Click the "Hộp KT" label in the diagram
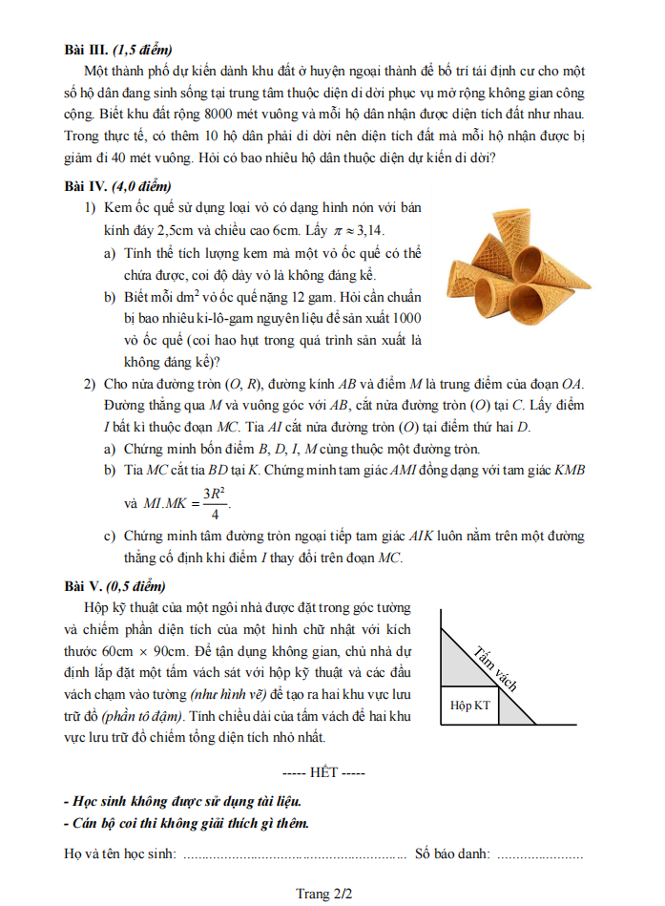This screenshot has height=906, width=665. tap(470, 706)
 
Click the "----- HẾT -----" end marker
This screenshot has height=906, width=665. tap(324, 771)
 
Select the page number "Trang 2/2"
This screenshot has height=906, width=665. tap(324, 894)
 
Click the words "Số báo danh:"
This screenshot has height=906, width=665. tap(452, 853)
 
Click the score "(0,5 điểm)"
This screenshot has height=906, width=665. tap(135, 585)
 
